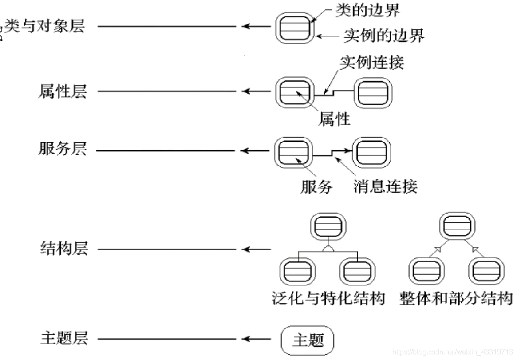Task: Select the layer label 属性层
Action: point(63,92)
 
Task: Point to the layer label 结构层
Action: point(63,249)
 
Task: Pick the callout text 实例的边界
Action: point(384,36)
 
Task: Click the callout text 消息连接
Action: point(385,187)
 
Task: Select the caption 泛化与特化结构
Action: point(328,298)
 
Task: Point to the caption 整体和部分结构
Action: point(456,298)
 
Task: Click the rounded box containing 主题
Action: point(308,340)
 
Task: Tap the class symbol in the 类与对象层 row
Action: point(293,27)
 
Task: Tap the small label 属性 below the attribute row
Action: point(334,119)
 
